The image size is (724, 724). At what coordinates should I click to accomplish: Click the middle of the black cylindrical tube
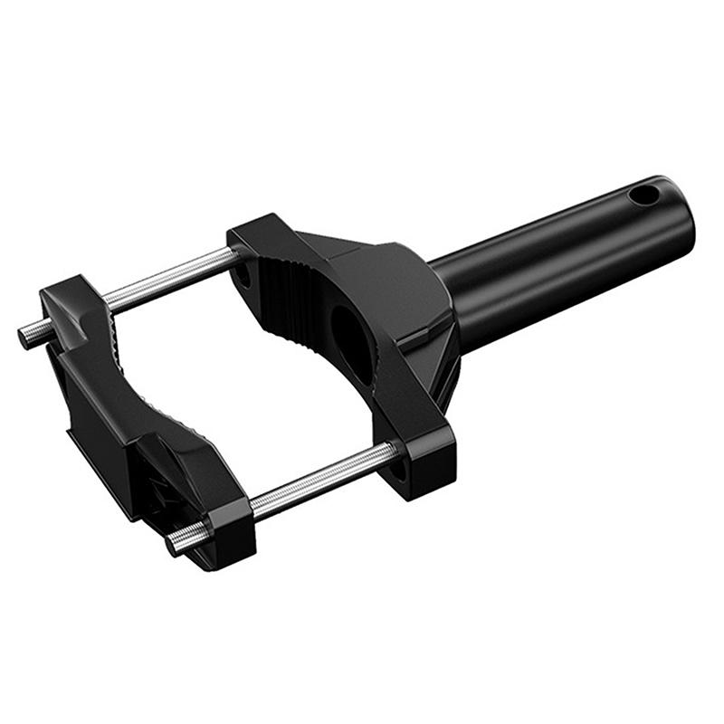561,262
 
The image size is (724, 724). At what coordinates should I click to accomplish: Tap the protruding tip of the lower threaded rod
174,544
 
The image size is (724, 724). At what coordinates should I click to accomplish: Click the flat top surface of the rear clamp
362,258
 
